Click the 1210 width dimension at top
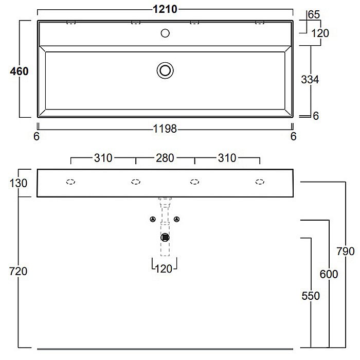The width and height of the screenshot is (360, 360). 165,9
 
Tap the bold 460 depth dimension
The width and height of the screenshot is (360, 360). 20,71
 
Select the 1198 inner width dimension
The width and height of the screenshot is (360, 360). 165,129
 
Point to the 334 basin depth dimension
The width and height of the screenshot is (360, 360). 310,80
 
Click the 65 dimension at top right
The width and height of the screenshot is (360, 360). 314,15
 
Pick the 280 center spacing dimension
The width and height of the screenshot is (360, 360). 165,158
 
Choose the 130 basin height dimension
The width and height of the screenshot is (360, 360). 19,183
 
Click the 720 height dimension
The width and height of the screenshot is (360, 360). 18,272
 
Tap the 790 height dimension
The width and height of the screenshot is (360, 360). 346,251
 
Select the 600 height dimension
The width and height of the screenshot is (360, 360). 329,274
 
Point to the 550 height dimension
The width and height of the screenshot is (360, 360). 311,296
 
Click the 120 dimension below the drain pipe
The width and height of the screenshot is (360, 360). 164,269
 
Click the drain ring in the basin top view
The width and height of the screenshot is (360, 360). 165,62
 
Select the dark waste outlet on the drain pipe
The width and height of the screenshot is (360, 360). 165,238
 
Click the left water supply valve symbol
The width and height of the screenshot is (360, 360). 153,219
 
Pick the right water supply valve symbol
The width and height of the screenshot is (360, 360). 176,219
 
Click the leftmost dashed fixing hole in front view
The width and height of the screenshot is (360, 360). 71,182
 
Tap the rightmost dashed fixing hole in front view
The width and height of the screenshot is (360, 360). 260,182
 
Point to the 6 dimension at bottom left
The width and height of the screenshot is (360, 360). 37,136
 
